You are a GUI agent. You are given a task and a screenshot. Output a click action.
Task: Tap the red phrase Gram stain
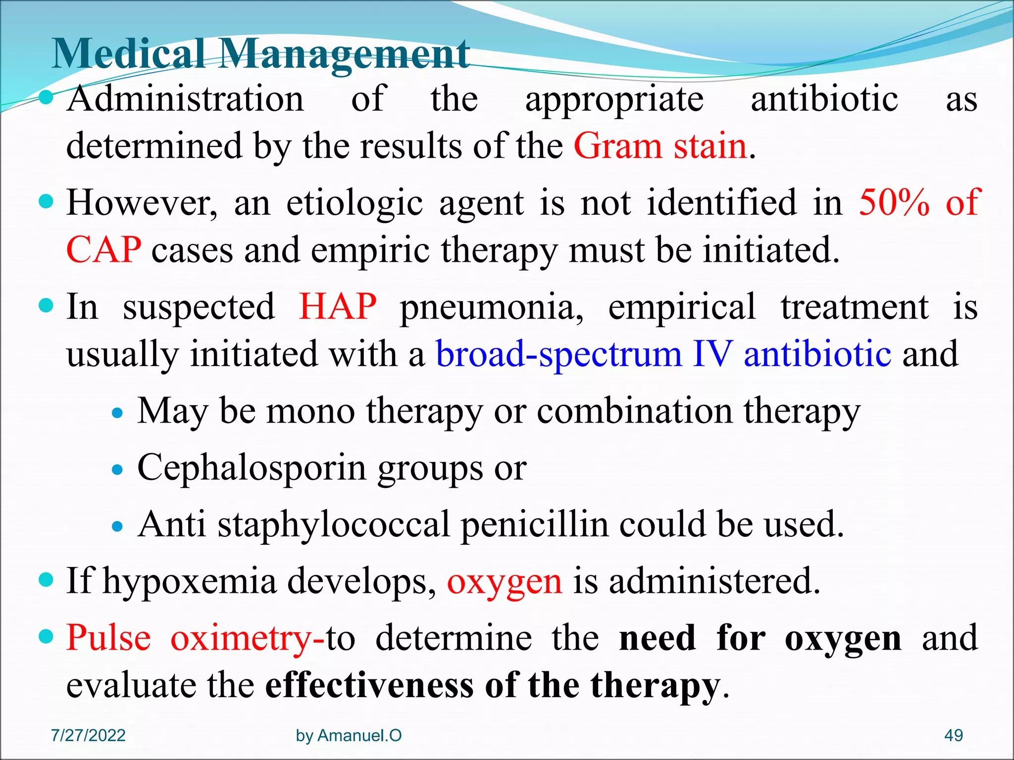point(660,146)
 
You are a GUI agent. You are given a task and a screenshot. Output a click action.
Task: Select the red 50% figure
point(894,202)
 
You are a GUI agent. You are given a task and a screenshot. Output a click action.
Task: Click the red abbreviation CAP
point(103,250)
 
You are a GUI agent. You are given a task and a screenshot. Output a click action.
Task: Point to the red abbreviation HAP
point(338,307)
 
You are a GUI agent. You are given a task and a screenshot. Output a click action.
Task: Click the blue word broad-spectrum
point(558,355)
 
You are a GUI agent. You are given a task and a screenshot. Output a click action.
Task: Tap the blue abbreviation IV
point(712,354)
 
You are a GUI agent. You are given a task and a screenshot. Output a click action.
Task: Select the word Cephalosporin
point(252,468)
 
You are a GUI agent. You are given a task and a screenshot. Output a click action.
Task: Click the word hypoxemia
point(190,581)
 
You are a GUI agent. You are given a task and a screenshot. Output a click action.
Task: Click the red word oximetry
point(241,638)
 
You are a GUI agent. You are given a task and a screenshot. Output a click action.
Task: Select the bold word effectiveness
point(369,686)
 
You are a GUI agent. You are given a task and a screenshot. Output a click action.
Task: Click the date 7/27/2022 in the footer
point(88,735)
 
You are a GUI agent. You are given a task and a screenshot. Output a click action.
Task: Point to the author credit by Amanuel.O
point(349,735)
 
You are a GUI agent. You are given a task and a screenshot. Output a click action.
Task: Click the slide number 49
point(954,735)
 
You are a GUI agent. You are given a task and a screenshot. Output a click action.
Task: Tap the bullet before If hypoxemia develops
point(46,579)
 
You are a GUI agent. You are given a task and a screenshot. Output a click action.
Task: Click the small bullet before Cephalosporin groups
point(117,469)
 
